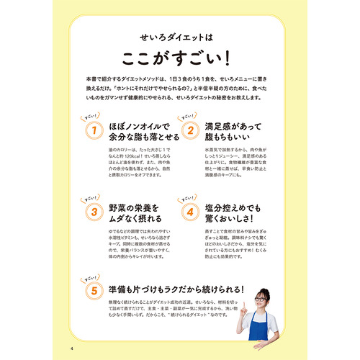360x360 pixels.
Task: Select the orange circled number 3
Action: (93, 212)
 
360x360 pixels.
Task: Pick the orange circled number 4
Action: (190, 212)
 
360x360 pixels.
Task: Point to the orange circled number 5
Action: (93, 290)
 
